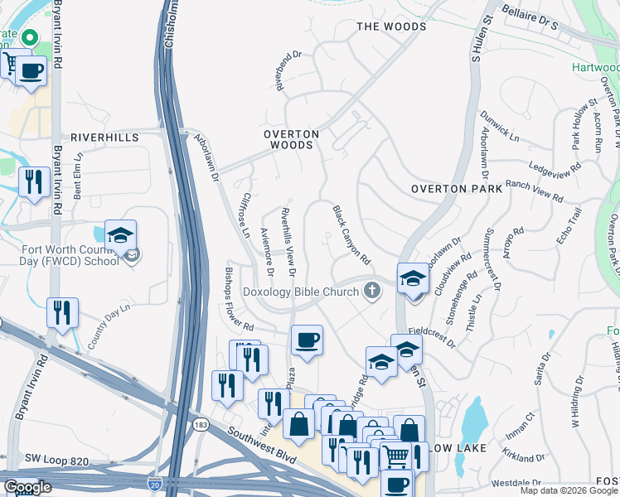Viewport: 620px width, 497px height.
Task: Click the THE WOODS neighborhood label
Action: pyautogui.click(x=391, y=27)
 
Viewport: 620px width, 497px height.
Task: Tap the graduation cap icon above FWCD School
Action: pyautogui.click(x=120, y=235)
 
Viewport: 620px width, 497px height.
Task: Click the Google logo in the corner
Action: pyautogui.click(x=27, y=486)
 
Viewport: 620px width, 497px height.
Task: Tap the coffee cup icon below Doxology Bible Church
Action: pyautogui.click(x=307, y=340)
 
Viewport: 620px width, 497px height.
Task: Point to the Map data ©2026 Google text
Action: pyautogui.click(x=568, y=490)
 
